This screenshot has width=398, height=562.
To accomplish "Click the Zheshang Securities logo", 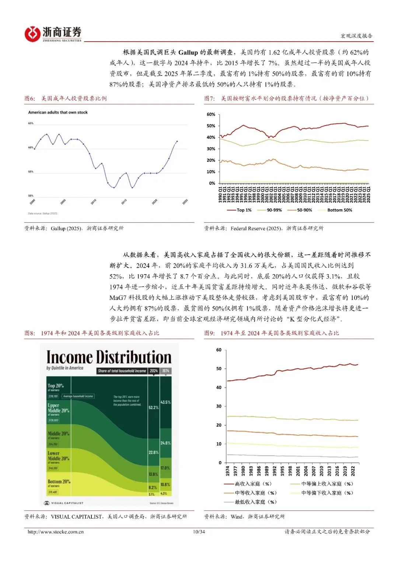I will point(53,34).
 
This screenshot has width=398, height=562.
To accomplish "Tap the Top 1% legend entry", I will point(240,210).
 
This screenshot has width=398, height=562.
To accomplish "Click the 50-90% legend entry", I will point(300,210).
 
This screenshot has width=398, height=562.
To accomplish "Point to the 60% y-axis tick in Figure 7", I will point(211,114).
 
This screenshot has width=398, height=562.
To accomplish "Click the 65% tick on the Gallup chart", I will point(31,123).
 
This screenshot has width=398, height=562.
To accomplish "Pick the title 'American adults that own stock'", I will point(58,112).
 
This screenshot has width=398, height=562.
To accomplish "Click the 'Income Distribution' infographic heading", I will point(109,357).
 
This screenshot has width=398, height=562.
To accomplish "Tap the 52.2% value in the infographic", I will point(153,407).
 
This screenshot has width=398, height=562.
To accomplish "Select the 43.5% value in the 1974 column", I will point(165,402).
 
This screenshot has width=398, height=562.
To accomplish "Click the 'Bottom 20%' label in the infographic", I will point(59,481).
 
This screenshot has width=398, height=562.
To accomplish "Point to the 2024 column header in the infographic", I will point(154,371).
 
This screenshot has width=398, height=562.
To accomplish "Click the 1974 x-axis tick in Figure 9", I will point(227,471).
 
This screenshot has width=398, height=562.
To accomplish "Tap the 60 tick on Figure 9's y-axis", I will point(219,350).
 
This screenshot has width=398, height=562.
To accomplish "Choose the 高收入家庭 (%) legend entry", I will point(248,484).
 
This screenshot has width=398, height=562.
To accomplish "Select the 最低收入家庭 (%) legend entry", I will point(251,502).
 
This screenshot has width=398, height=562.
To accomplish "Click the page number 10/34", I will point(199,532).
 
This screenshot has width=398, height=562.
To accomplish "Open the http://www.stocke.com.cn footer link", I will point(56,532).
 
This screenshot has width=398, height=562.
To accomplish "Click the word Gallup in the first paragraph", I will point(188,52).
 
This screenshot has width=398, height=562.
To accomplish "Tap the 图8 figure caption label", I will point(29,333).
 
